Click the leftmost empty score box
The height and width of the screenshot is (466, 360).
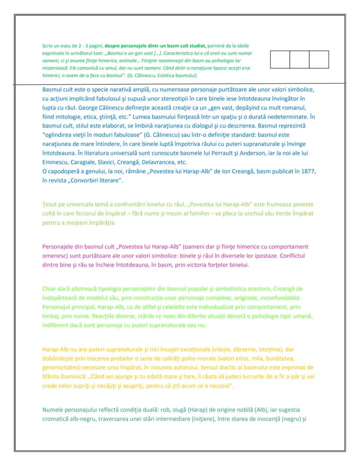point(280,60)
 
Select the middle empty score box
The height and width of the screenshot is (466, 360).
point(299,60)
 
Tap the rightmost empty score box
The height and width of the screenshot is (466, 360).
point(319,60)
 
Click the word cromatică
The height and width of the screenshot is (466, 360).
point(57,419)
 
